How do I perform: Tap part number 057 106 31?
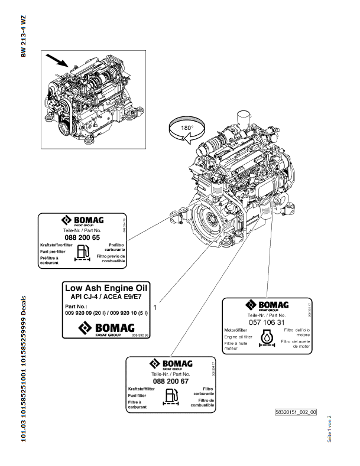pyautogui.click(x=267, y=322)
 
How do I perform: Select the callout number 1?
pyautogui.click(x=154, y=307)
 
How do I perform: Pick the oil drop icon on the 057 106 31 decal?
pyautogui.click(x=267, y=337)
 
